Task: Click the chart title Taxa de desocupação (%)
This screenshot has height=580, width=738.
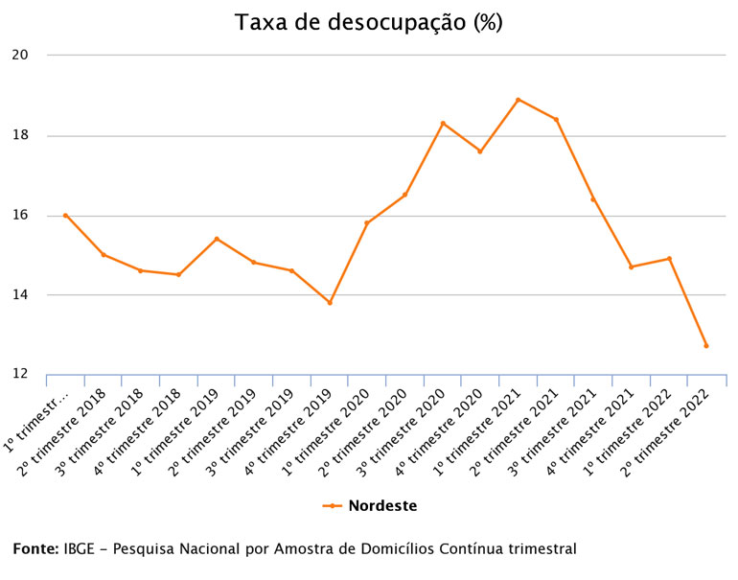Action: tap(369, 22)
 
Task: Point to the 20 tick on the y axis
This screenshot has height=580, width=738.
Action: tap(20, 55)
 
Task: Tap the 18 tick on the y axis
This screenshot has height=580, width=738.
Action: tap(20, 135)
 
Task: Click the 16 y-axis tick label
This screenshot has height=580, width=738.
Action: tap(20, 215)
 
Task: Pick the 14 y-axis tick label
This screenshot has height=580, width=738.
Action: tap(20, 294)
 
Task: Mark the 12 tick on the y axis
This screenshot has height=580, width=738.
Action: tap(20, 374)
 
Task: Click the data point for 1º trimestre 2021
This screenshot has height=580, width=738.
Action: tap(519, 100)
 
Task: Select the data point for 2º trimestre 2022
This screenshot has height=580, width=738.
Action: tap(706, 346)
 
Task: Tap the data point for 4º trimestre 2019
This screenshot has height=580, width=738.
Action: tap(330, 303)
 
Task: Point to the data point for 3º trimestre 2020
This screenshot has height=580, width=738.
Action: tap(443, 123)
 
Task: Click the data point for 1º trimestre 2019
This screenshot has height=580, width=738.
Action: tap(217, 239)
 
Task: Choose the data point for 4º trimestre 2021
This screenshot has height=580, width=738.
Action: tap(632, 267)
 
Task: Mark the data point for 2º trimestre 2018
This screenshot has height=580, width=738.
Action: tap(104, 255)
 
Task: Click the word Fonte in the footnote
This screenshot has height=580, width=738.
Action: tap(35, 549)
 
